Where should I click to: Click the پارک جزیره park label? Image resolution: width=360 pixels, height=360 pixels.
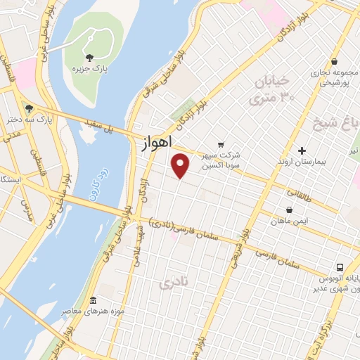click(89, 69)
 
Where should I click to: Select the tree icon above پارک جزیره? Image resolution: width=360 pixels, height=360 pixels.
click(89, 58)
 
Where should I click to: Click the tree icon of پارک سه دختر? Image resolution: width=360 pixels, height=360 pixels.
click(29, 108)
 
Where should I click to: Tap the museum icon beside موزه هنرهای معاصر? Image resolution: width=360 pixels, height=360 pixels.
click(93, 302)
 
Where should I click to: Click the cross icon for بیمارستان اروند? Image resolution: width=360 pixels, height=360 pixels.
click(302, 150)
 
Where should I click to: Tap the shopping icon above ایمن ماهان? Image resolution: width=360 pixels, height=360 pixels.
click(289, 210)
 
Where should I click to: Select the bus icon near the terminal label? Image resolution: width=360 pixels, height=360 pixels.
click(340, 267)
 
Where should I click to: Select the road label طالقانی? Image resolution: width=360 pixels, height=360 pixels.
click(298, 191)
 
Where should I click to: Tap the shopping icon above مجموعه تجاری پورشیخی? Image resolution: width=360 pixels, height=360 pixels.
click(333, 62)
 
